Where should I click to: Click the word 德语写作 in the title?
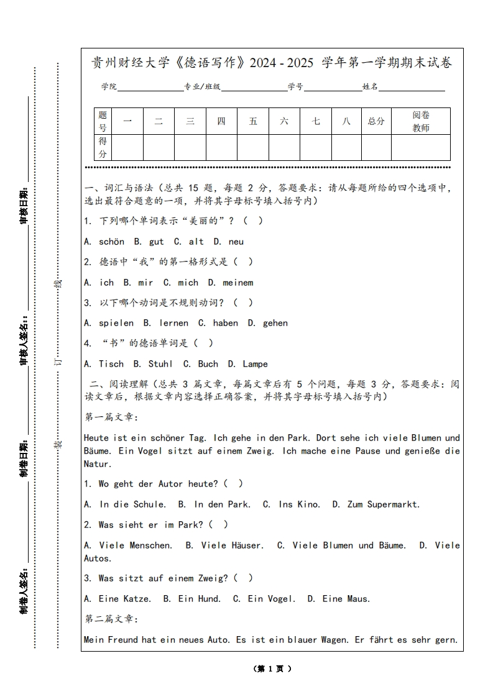tap(214, 63)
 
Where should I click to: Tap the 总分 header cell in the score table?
tap(376, 121)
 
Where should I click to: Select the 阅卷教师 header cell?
tap(421, 121)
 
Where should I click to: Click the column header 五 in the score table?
tap(253, 121)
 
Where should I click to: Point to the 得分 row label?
tap(103, 147)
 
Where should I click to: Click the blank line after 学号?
tap(333, 88)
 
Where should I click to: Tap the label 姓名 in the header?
tap(371, 87)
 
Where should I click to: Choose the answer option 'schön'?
tap(111, 242)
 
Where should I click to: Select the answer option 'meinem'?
tap(237, 283)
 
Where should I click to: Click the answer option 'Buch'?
tap(208, 364)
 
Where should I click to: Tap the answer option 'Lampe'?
tap(255, 364)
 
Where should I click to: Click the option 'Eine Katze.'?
tap(124, 599)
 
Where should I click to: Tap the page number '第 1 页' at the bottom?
tap(272, 669)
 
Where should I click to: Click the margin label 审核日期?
tap(24, 205)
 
